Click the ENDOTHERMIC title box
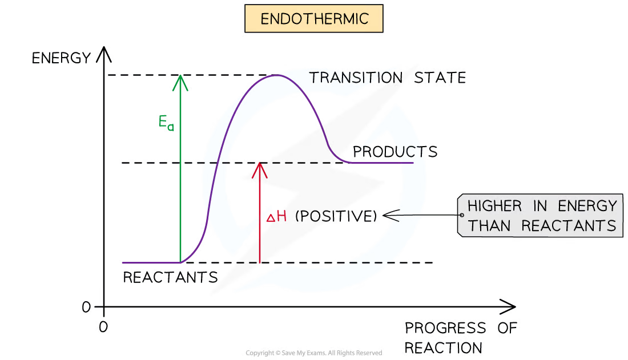coord(313,19)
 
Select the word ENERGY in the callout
coord(587,206)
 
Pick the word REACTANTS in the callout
coord(569,225)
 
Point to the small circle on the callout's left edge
coord(461,216)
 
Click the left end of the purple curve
coord(123,262)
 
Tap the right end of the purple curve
coord(412,163)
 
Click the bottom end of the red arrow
coord(260,262)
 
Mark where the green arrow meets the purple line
coord(181,262)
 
